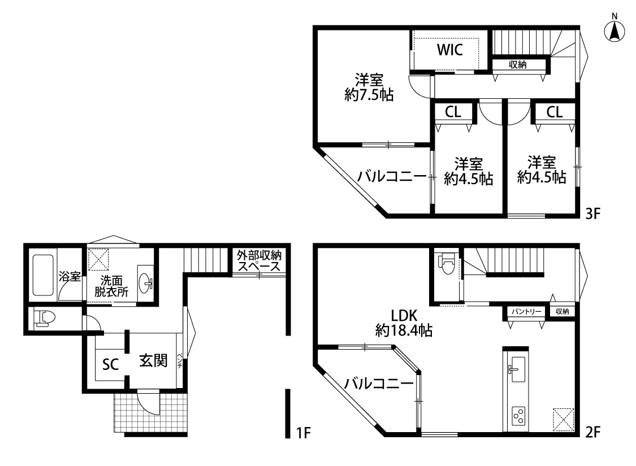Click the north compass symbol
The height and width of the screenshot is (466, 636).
615,30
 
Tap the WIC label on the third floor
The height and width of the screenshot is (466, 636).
449,50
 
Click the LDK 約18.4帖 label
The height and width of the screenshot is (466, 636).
404,323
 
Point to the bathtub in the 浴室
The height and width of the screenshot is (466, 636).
44,275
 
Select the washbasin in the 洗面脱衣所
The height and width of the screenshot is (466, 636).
146,283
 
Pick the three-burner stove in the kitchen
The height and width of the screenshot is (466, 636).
517,417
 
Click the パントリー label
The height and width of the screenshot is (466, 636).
526,311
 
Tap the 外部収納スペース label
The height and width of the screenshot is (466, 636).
259,261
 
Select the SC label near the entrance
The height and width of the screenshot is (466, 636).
110,364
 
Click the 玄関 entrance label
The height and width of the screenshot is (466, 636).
153,360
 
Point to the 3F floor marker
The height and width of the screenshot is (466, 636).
592,214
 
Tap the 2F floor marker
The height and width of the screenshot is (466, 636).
592,433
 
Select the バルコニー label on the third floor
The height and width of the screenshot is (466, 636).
391,177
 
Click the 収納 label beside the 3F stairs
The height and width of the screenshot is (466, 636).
517,65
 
